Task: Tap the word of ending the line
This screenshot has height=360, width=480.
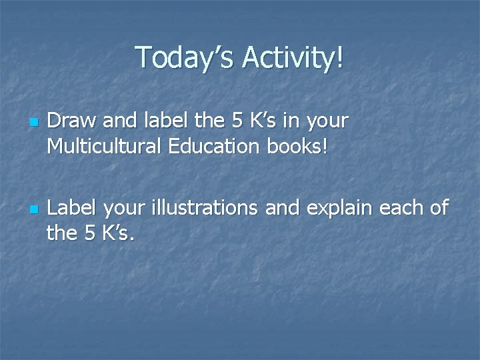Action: (439, 209)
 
